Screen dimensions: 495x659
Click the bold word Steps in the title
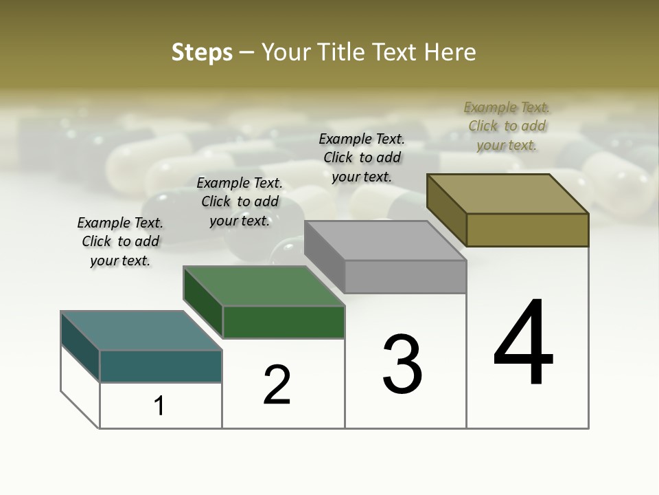(x=202, y=52)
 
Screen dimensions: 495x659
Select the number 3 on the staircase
(x=402, y=364)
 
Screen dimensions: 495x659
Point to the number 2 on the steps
(x=277, y=384)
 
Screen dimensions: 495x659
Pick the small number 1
(x=159, y=406)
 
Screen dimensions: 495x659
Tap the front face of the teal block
(x=161, y=366)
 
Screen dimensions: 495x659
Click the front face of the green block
(x=284, y=322)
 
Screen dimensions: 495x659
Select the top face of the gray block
(x=385, y=241)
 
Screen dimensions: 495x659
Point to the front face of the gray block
(x=405, y=276)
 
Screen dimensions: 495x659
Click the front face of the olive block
(x=527, y=230)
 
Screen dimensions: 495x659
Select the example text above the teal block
(x=120, y=241)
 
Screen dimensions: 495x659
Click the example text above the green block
(x=240, y=201)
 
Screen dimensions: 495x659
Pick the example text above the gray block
(x=362, y=157)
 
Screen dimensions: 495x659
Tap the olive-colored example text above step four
(x=507, y=126)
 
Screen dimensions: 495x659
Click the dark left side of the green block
(x=203, y=302)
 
